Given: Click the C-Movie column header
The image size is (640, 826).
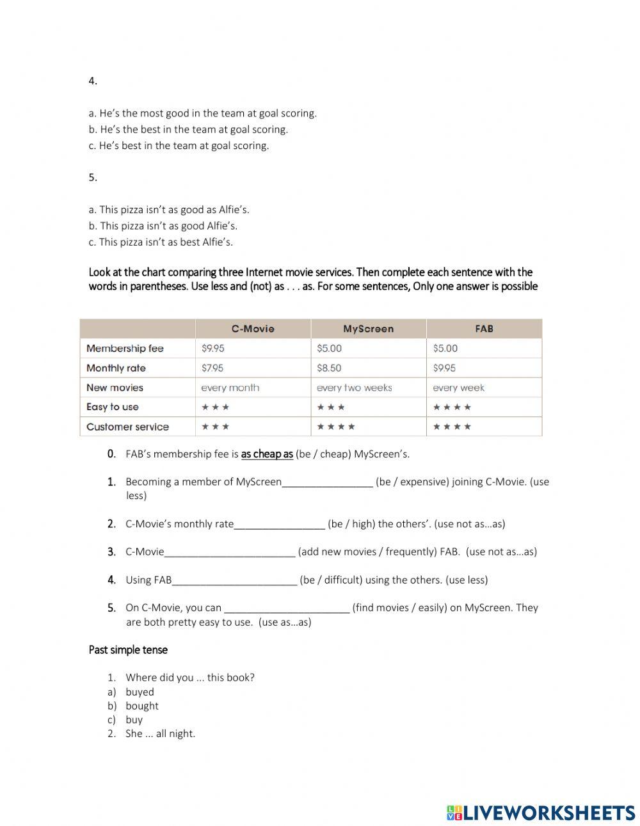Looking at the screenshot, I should point(253,329).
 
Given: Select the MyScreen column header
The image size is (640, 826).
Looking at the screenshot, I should point(368,329).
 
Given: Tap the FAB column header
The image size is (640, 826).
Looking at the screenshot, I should point(484,329).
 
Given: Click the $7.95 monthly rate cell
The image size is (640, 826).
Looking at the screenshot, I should point(212,368).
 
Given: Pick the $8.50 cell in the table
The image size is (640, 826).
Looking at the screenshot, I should point(329,368).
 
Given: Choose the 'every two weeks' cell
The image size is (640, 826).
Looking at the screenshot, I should point(354,388).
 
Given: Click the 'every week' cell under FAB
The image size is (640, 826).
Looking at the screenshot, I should point(458,388).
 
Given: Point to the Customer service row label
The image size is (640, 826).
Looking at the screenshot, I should point(127,427).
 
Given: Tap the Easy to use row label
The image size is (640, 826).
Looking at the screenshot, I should point(112,407).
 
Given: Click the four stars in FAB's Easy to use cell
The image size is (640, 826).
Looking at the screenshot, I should point(452,407).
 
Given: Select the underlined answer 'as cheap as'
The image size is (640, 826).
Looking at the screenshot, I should point(267,454).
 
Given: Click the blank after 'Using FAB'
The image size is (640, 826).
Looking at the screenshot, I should point(235,581).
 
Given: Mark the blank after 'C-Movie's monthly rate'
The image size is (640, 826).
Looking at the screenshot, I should point(280,525).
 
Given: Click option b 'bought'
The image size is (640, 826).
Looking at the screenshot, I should point(141,706).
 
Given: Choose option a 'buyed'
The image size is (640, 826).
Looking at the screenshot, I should point(140,692).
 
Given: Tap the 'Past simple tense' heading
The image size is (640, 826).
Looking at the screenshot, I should point(128,650).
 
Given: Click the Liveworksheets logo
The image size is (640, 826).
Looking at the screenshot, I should point(540,813).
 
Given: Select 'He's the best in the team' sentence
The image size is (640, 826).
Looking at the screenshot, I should point(194,129).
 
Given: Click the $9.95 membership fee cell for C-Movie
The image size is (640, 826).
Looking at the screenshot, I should point(212,349).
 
